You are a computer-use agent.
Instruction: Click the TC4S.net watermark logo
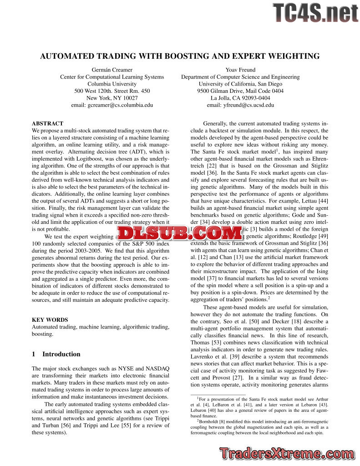pos(315,13)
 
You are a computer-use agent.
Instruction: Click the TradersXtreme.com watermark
pos(287,453)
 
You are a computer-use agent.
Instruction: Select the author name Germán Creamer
pos(112,70)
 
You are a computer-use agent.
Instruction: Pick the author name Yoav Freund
pos(240,70)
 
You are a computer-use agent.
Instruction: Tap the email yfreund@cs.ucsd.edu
pos(240,105)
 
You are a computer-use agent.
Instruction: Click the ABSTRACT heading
pos(47,123)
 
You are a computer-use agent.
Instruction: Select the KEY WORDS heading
pos(50,320)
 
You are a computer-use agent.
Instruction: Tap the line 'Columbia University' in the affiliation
pos(112,84)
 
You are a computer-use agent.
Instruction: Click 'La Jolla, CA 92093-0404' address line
pos(240,98)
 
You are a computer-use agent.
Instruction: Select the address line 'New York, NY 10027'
pos(112,98)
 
